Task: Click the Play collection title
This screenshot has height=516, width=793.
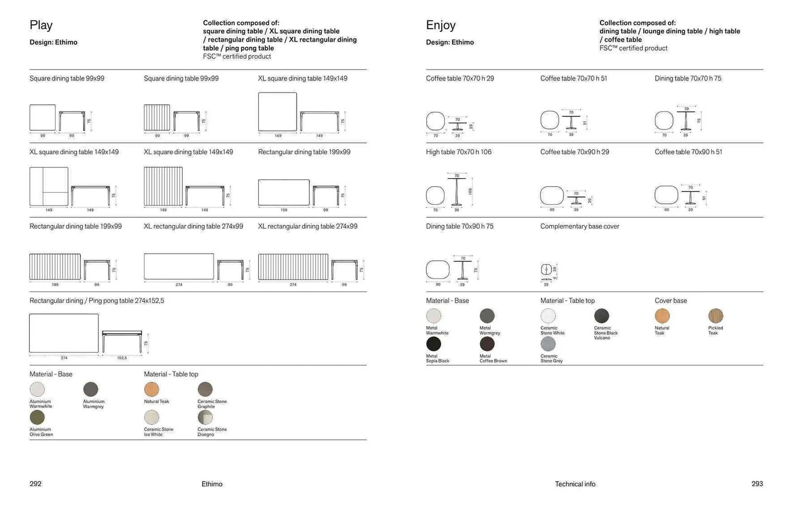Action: (41, 25)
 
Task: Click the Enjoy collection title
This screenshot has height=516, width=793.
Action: (440, 25)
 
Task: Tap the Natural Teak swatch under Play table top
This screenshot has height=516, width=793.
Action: (152, 389)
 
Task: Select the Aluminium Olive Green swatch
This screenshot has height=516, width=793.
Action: (37, 417)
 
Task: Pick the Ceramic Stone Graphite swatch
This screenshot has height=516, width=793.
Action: (205, 389)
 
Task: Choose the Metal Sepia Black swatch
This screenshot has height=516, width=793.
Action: (433, 344)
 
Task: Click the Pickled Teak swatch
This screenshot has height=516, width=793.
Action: (715, 316)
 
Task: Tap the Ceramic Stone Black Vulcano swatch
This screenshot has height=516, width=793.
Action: (601, 316)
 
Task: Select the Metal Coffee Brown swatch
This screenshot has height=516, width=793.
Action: (487, 344)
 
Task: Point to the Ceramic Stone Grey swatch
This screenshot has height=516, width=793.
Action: (548, 344)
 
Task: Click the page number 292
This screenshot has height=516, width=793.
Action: (36, 484)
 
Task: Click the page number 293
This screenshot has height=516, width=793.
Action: (757, 484)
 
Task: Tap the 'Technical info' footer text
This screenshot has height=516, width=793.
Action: (575, 484)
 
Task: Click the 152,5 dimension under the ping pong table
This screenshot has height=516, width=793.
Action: (122, 358)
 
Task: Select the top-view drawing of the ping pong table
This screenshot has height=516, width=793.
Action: (64, 333)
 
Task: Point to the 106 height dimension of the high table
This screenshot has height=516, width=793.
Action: (470, 191)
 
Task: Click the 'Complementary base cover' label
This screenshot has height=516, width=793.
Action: (579, 226)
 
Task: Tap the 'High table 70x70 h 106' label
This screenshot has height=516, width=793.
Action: (458, 152)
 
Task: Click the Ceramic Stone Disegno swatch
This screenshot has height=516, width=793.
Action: (205, 417)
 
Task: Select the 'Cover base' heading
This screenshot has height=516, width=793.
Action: (670, 301)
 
